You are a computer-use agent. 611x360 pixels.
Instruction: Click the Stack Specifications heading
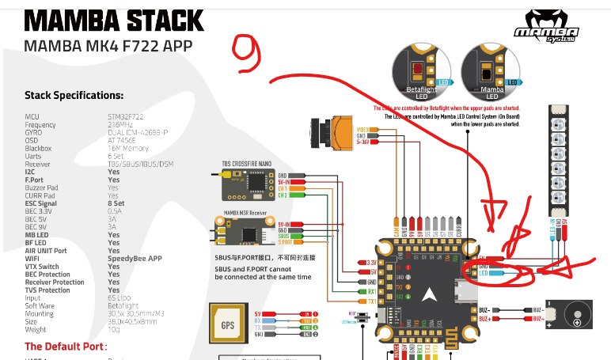[74, 96]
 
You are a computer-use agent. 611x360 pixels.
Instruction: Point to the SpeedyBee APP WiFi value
[135, 258]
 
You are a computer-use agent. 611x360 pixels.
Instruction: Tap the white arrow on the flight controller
[428, 295]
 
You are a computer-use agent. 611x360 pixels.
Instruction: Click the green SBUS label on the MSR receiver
[284, 236]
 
